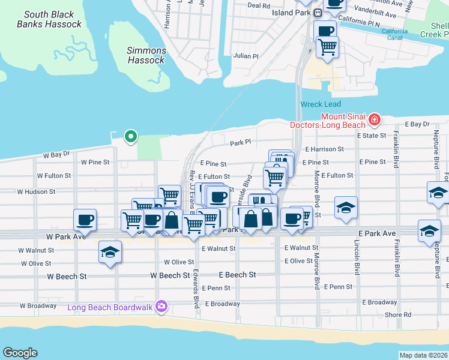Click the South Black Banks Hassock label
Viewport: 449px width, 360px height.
(49, 19)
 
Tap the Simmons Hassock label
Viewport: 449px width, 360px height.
(146, 56)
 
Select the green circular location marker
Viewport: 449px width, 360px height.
(130, 136)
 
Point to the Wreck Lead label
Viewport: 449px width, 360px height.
(321, 104)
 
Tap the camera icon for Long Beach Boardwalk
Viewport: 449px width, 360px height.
(161, 307)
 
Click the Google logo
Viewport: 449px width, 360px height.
(20, 353)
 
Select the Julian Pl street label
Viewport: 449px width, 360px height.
(246, 56)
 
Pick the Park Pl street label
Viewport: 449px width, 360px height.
(240, 143)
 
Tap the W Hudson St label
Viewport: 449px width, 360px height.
(36, 192)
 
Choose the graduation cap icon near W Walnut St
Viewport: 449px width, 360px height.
(110, 252)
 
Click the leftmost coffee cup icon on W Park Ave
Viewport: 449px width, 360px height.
(85, 220)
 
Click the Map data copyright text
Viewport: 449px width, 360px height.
(423, 355)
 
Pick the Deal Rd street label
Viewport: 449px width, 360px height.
(259, 5)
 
